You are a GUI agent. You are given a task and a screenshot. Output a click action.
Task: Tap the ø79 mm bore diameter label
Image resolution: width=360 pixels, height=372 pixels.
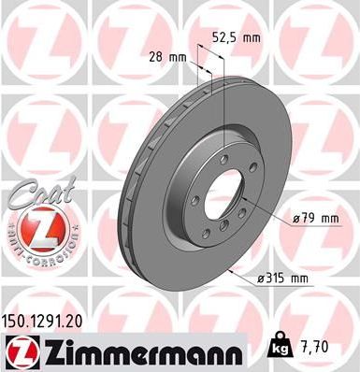tap(315, 218)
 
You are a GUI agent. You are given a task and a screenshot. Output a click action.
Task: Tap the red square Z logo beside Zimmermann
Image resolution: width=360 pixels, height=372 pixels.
tap(18, 351)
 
